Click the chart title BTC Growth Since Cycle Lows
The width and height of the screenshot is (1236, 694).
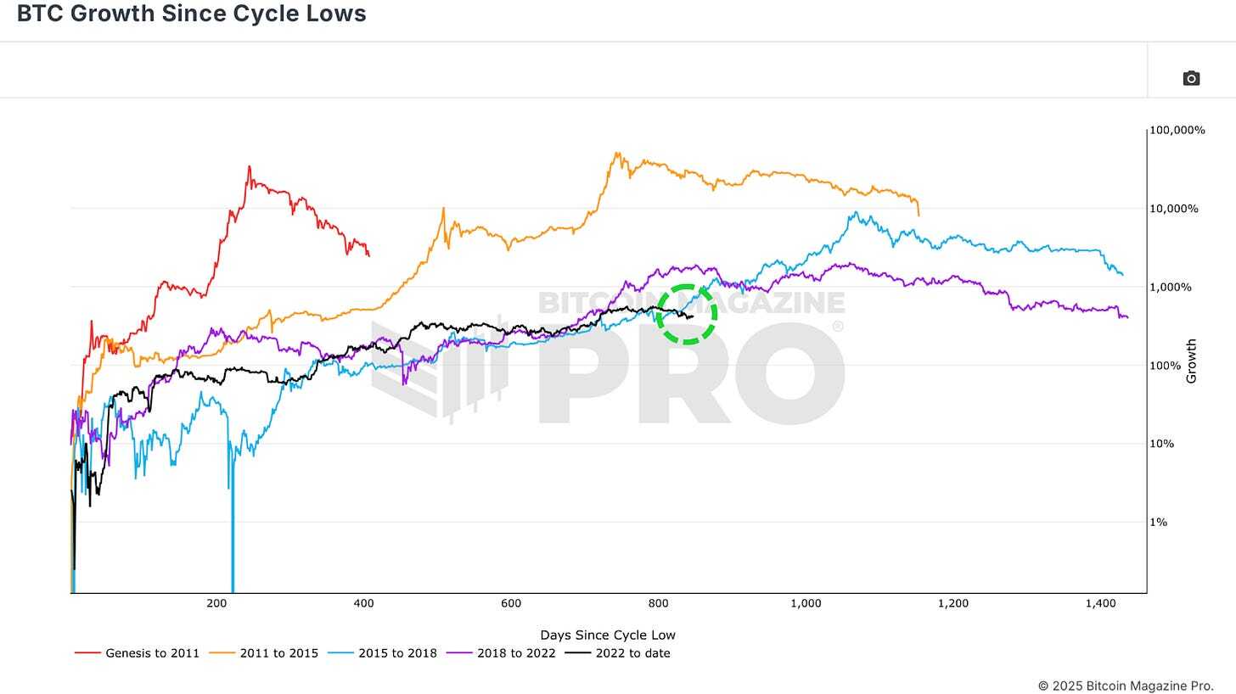[191, 14]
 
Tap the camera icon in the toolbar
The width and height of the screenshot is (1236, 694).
[1191, 78]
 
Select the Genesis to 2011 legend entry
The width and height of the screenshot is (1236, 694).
[138, 653]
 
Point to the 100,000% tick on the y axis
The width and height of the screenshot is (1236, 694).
[1177, 131]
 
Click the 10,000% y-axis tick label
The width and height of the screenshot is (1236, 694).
[1174, 209]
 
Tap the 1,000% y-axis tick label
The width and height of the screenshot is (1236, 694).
[1171, 288]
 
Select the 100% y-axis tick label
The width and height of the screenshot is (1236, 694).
[1166, 366]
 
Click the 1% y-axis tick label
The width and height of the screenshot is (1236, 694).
[1159, 523]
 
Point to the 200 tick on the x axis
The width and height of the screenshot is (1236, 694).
[216, 603]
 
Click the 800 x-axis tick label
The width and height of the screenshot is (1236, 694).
[658, 603]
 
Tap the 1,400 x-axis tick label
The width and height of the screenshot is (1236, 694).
[1100, 603]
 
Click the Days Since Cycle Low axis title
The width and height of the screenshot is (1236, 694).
[608, 635]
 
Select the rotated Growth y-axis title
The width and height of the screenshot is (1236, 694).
[1191, 361]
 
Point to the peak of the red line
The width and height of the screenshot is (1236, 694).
[249, 166]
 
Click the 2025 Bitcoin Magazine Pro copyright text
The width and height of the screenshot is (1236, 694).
[1125, 686]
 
